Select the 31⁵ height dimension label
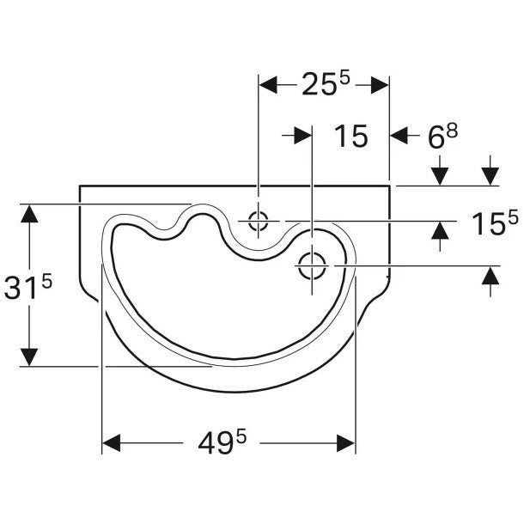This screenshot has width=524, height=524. [x=28, y=285]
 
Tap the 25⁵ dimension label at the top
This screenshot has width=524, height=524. [x=326, y=83]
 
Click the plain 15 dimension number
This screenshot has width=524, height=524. [x=350, y=136]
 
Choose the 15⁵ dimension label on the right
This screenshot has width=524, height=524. [x=495, y=222]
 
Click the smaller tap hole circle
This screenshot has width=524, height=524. [x=258, y=221]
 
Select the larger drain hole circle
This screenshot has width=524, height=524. [x=312, y=265]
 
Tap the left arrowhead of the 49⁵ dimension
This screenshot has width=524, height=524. [x=111, y=443]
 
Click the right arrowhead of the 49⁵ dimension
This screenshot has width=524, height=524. [x=346, y=443]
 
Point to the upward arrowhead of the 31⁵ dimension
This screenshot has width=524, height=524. [x=29, y=214]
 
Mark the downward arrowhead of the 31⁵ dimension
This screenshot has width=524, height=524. [x=29, y=356]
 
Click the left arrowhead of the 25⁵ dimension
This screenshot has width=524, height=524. [x=268, y=85]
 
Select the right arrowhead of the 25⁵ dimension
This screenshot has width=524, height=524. [x=380, y=85]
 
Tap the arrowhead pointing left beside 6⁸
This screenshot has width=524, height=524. [x=399, y=136]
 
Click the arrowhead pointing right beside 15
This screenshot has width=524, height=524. [x=302, y=136]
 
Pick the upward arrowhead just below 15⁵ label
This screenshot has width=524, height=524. [x=440, y=230]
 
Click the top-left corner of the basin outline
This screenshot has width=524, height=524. [x=80, y=186]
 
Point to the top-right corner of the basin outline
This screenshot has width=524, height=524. [x=390, y=186]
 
